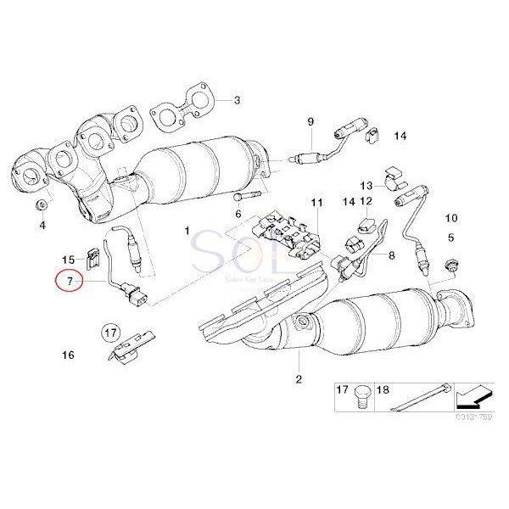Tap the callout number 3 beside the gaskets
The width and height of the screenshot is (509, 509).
[237, 100]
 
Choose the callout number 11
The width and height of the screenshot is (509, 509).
[316, 203]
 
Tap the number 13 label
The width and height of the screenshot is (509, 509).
[366, 185]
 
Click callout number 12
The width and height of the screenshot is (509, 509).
[366, 201]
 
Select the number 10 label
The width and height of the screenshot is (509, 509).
[450, 218]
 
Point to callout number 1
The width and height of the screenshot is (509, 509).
[187, 231]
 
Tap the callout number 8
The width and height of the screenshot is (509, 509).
[390, 255]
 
